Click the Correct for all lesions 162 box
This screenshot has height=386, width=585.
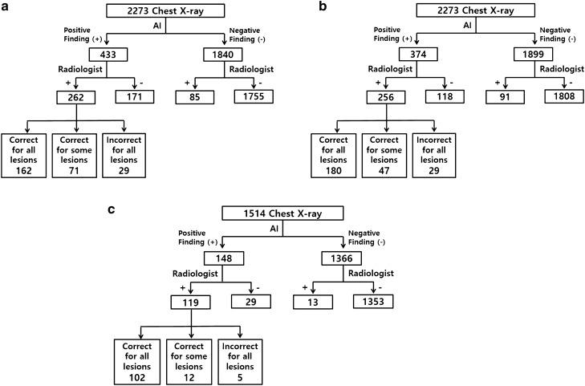click(24, 154)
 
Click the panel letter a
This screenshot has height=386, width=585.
click(6, 6)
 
